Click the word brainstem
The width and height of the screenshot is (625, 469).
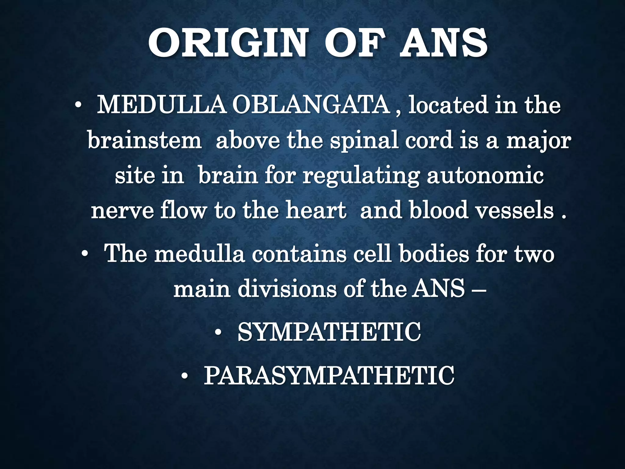tap(144, 141)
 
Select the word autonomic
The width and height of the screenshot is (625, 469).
tap(485, 176)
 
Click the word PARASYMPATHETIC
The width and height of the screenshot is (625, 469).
tap(329, 376)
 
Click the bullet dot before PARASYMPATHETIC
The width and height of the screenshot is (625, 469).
tap(185, 376)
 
